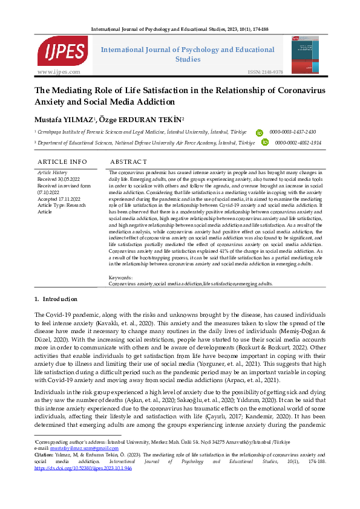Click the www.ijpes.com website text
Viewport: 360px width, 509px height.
59,72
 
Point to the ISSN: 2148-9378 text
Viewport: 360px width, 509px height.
265,72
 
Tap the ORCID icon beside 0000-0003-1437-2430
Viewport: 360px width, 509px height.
260,132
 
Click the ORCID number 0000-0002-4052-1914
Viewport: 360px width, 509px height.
296,143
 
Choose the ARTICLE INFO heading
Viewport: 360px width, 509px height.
62,162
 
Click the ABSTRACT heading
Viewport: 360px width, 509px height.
128,162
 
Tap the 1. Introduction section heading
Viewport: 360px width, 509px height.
56,299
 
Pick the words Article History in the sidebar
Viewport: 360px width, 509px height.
53,173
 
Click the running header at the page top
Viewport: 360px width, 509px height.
180,29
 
